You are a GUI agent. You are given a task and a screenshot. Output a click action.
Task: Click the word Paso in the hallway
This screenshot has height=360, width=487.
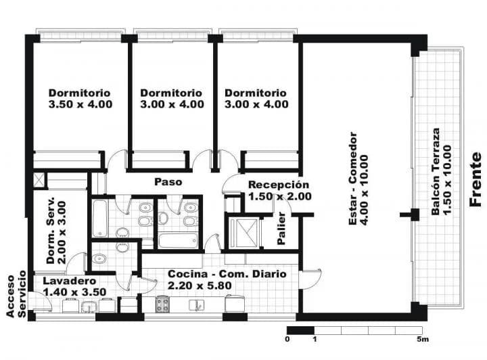tap(168, 182)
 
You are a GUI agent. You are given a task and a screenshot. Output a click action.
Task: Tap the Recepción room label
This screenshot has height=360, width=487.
tap(279, 185)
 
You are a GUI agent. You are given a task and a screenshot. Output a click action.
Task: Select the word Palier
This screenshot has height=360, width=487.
tap(281, 228)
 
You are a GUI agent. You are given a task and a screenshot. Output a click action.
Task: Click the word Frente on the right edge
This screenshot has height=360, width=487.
tap(476, 179)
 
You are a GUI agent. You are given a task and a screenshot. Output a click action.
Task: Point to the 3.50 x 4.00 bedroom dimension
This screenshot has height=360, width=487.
tap(80, 104)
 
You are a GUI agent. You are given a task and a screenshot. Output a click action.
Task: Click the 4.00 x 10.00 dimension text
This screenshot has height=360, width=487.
tap(363, 189)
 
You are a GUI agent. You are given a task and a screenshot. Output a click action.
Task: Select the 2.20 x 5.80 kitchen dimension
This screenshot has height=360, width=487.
tap(200, 286)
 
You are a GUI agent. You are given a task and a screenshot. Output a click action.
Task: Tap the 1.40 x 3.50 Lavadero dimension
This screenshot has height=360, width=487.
tap(74, 292)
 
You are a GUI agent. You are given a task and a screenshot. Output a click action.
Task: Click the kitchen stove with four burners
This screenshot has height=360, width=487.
tap(163, 304)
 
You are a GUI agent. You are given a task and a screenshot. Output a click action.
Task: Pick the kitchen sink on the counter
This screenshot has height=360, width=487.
tap(196, 305)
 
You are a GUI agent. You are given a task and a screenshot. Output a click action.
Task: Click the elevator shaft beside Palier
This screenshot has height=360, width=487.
tap(243, 233)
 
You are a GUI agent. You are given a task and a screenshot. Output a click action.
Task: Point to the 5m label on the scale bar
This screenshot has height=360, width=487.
tap(423, 339)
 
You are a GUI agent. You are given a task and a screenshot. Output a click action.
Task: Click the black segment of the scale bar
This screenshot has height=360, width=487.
tap(300, 330)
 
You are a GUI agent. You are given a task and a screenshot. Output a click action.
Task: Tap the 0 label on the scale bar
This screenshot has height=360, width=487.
tap(287, 339)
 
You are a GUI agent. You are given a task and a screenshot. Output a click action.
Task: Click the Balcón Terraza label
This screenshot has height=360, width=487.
tap(436, 171)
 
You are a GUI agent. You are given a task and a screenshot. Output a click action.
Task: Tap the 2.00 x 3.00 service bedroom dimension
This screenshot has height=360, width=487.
tap(62, 233)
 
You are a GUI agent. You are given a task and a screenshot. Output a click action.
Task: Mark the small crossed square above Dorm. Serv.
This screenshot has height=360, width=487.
tap(39, 181)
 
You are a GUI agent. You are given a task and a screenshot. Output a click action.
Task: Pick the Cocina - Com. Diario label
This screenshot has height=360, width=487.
tap(227, 274)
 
